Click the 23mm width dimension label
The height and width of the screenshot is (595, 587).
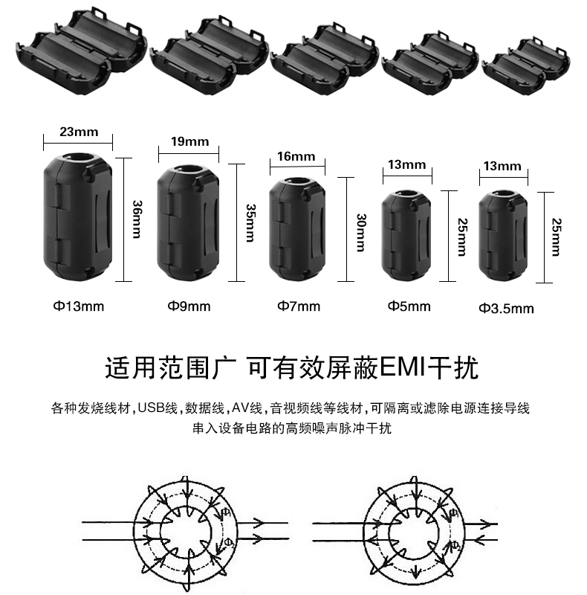pos(78,132)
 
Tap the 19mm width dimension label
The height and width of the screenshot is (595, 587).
pos(189,141)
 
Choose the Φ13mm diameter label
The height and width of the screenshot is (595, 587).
pos(77,306)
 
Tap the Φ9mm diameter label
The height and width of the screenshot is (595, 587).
pos(189,306)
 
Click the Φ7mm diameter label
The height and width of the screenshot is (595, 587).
pos(299,306)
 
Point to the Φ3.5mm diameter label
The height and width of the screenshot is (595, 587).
pos(506,307)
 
